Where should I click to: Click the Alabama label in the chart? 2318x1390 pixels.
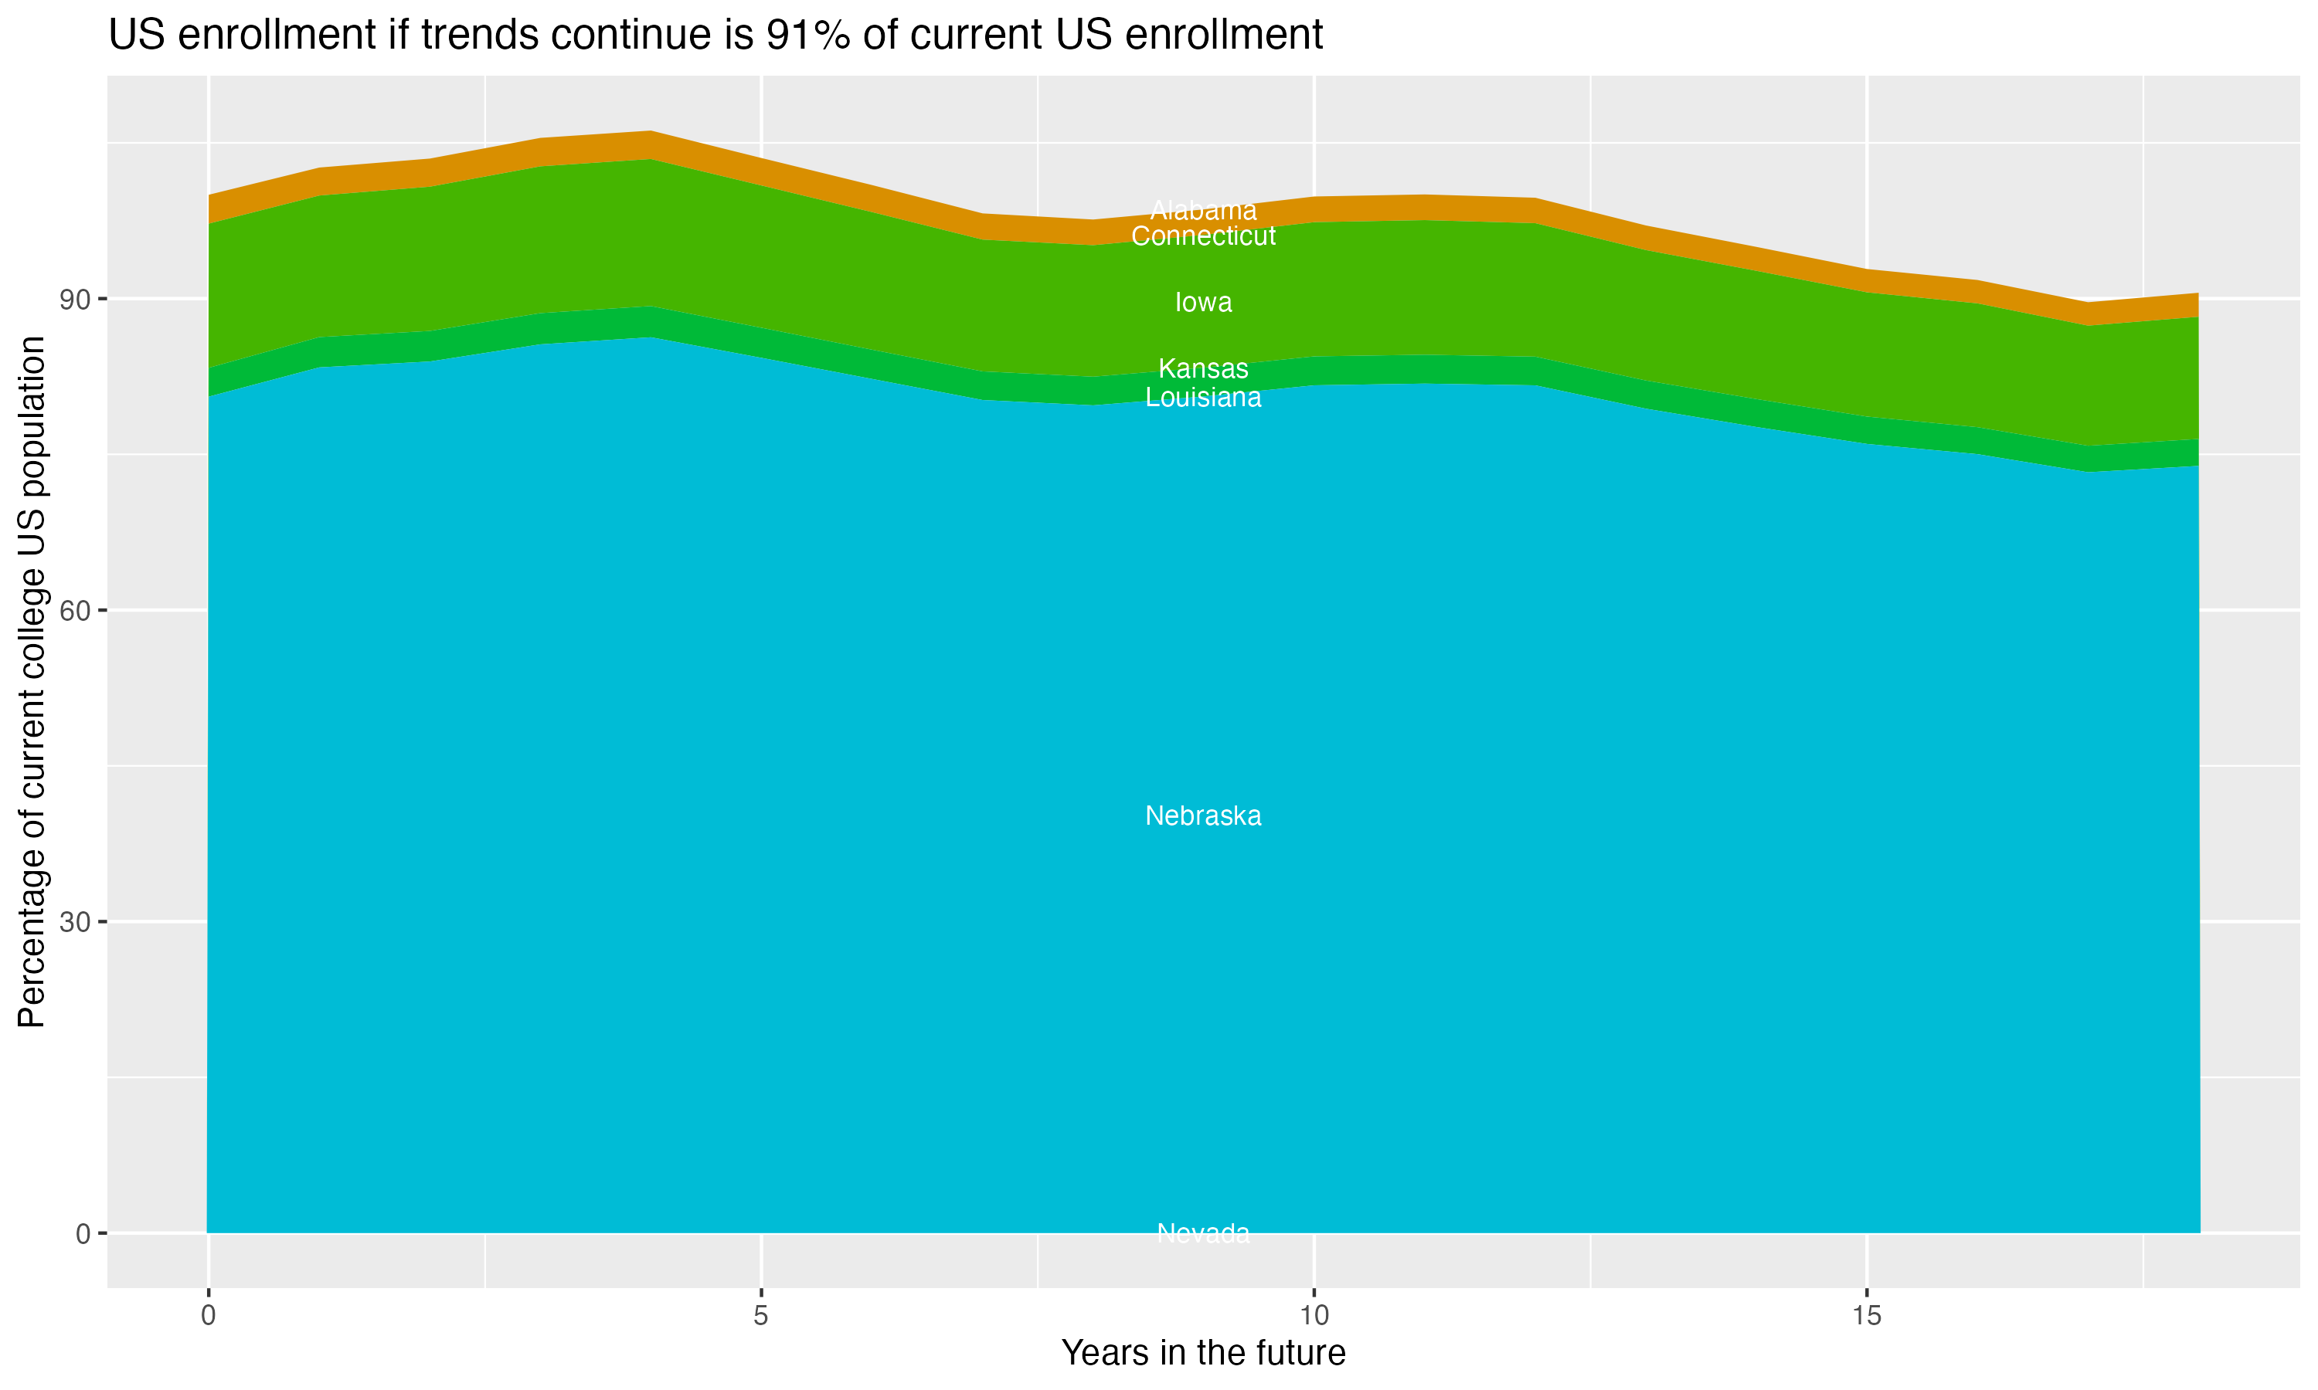(1203, 211)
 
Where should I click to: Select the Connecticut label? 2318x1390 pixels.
(1203, 236)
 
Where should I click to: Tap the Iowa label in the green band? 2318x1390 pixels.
(1203, 303)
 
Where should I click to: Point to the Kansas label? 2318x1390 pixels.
(1203, 369)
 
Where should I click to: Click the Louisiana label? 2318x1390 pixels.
(1203, 398)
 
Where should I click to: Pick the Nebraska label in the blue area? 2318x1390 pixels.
(1203, 815)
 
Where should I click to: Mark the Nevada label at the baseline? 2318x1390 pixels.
(1203, 1233)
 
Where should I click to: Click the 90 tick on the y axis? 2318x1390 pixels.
(74, 300)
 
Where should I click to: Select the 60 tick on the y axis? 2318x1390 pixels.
(74, 611)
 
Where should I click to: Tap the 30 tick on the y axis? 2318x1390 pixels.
(74, 923)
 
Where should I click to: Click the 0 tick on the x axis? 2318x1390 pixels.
(208, 1316)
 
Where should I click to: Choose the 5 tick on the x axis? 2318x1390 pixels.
(761, 1316)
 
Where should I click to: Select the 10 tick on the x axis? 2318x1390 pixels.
(1314, 1316)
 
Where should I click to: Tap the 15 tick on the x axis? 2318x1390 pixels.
(1868, 1316)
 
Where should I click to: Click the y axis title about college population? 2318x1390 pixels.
(32, 682)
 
